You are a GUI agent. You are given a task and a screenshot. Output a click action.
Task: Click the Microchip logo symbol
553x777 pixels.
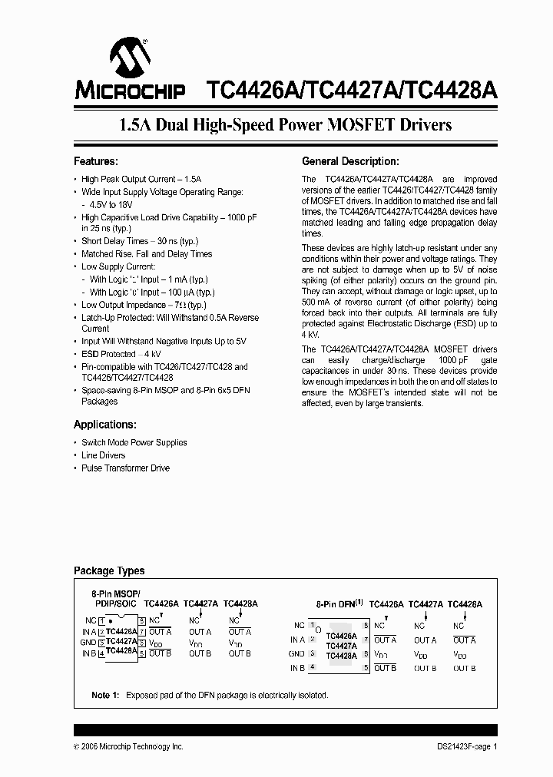(128, 57)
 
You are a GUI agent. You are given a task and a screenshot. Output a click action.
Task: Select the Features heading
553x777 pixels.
(95, 162)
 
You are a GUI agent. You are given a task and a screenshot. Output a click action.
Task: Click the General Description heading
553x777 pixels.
(350, 162)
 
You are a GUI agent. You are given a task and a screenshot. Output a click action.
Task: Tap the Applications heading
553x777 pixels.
(105, 425)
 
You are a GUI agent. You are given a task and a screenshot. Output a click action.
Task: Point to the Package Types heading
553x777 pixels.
(108, 570)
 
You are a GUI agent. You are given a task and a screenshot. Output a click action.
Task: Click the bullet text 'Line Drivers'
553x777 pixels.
(104, 455)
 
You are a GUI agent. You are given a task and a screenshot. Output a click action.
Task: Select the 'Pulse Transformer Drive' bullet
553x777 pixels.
(125, 468)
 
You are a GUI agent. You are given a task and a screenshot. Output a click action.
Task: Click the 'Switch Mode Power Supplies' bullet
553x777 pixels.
(134, 442)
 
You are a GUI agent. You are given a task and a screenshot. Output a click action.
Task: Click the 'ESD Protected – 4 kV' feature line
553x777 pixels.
(121, 354)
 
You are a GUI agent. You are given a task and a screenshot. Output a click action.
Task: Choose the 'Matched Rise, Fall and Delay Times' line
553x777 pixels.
(147, 253)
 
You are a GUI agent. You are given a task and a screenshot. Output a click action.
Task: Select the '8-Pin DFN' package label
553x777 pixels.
(338, 605)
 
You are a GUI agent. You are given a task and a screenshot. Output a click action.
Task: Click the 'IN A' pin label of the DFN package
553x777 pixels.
(297, 640)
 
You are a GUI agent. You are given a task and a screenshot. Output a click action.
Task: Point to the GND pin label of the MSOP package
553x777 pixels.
(88, 642)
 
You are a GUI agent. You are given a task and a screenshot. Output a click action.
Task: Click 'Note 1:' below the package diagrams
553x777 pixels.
(105, 695)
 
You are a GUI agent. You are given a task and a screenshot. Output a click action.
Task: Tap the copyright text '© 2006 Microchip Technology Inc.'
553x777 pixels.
(128, 746)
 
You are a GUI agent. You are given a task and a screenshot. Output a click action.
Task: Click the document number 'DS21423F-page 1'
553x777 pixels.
(462, 746)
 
